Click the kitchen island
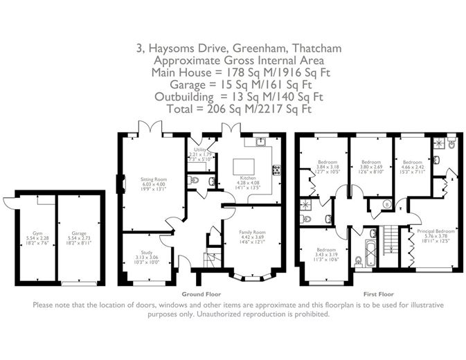(243, 166)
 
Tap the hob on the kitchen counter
(276, 169)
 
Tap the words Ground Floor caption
(196, 294)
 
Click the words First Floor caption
(373, 294)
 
